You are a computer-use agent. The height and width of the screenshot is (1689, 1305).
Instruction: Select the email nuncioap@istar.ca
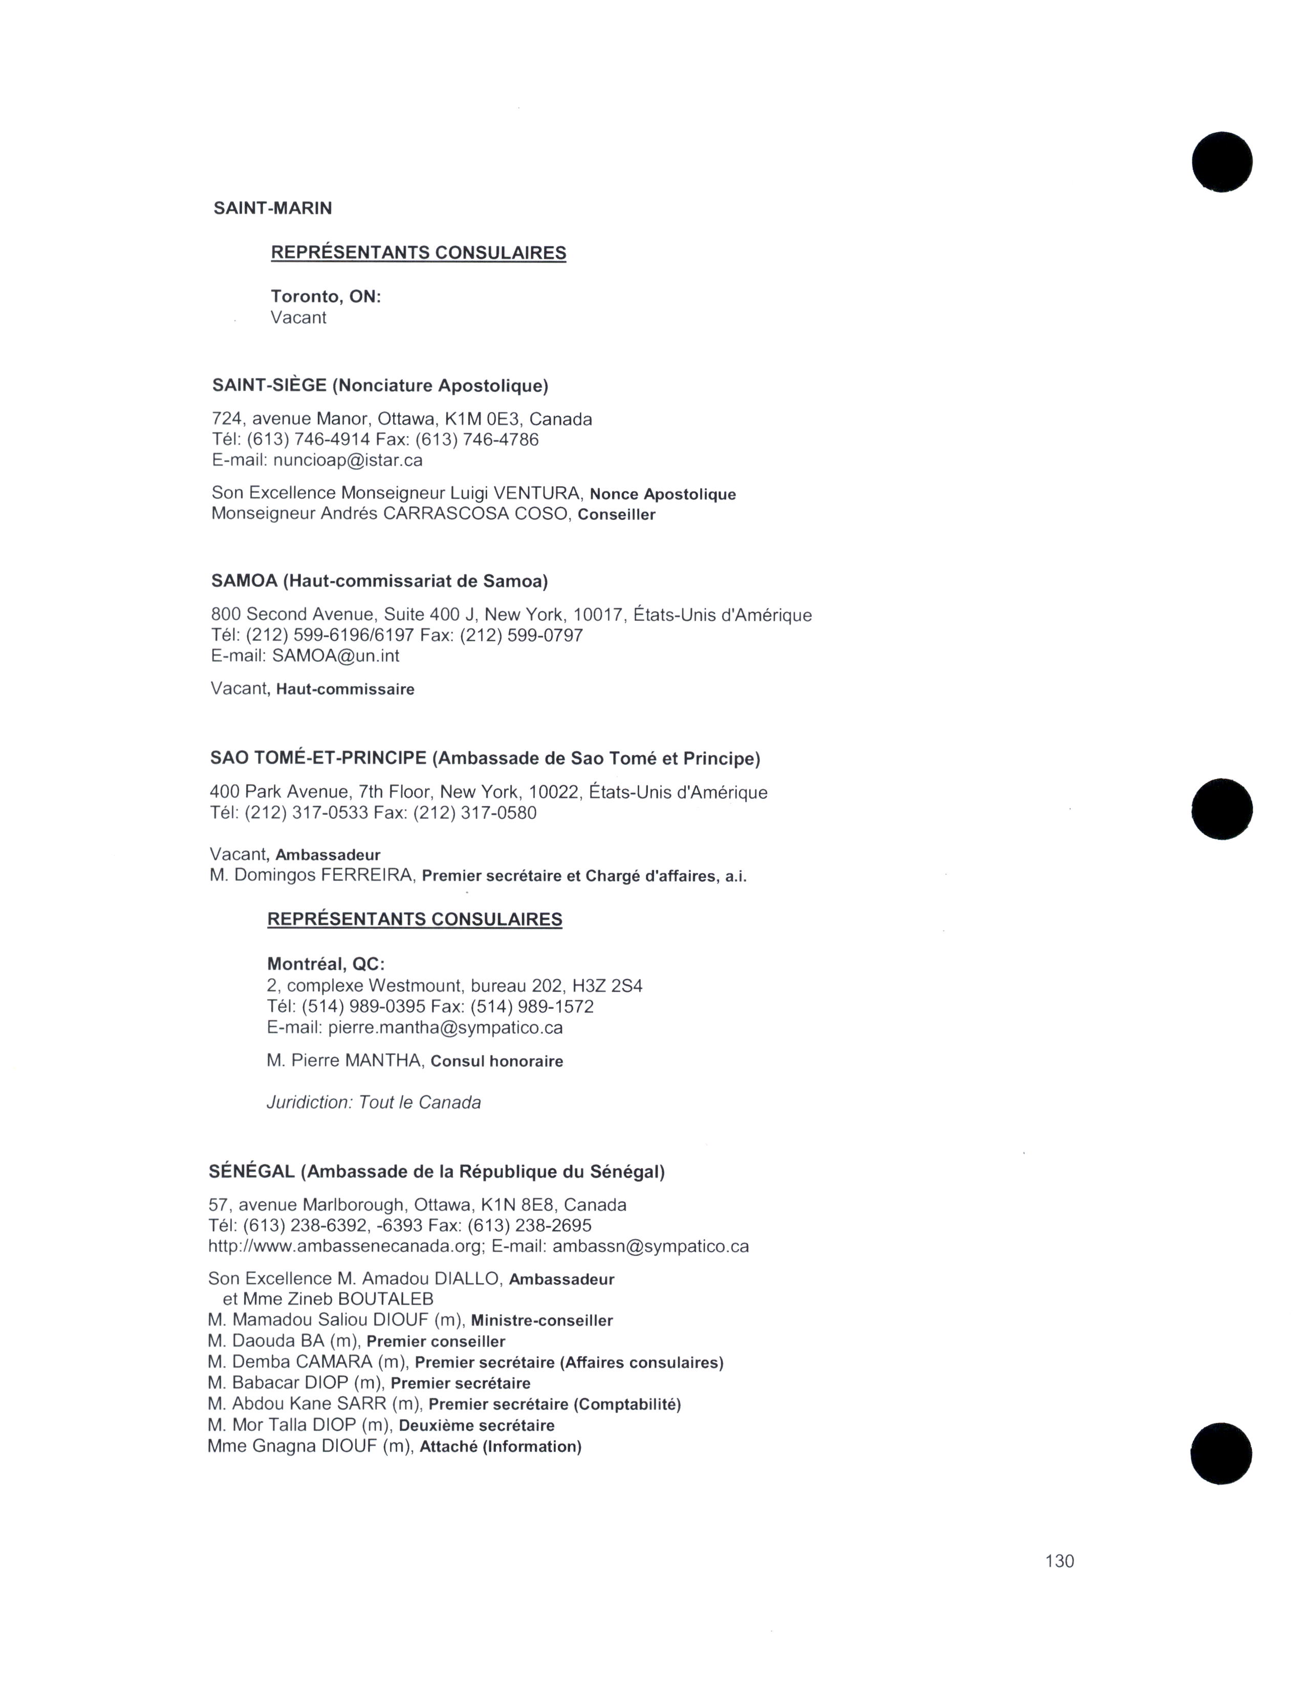point(348,460)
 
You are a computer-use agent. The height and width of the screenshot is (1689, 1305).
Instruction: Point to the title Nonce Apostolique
point(663,494)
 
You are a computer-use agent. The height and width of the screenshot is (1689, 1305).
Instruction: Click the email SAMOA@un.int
point(336,656)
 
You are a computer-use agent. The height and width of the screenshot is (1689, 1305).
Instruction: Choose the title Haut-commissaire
point(345,689)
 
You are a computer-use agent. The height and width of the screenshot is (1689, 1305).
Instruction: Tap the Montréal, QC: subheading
point(325,964)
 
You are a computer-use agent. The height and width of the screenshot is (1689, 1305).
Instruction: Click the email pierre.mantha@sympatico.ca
point(445,1028)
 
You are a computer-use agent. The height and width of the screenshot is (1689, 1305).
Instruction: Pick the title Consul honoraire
point(496,1061)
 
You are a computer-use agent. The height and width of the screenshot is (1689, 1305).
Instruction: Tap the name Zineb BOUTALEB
point(360,1299)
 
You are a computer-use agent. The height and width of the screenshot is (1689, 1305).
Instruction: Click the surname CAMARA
point(336,1362)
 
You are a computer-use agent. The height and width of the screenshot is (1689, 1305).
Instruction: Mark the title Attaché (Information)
point(500,1446)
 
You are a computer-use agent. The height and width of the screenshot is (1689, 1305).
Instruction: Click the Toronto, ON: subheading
point(325,296)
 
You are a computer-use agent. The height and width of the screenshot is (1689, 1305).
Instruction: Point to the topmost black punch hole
point(1222,162)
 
